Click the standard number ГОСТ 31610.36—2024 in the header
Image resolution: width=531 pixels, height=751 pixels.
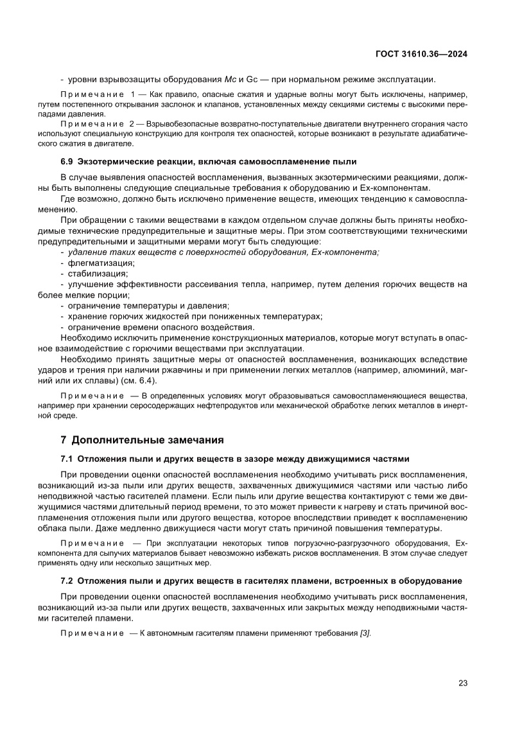pyautogui.click(x=421, y=55)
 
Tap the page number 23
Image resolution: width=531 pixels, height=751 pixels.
pyautogui.click(x=462, y=683)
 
